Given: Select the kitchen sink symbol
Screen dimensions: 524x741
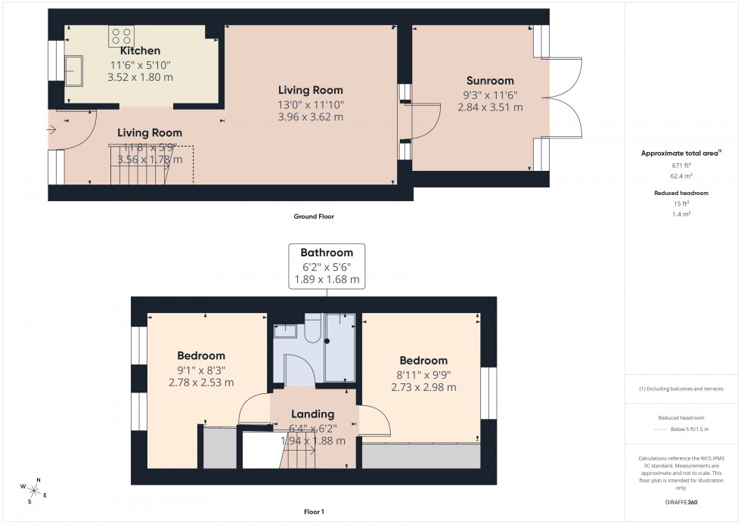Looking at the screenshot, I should (74, 72).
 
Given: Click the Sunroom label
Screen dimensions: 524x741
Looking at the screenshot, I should (489, 81).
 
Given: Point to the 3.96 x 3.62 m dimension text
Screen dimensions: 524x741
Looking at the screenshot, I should (310, 117).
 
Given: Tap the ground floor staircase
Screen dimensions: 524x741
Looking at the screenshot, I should (151, 166).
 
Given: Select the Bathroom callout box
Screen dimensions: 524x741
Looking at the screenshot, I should (326, 265).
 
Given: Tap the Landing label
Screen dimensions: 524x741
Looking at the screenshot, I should (312, 414).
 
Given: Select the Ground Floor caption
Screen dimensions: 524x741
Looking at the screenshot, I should (313, 216).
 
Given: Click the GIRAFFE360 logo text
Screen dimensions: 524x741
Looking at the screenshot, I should (682, 501).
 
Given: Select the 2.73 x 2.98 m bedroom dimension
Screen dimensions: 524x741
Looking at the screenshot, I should (423, 387).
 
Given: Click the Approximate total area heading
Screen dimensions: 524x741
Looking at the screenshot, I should (681, 153).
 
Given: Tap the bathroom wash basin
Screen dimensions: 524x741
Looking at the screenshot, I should (286, 330).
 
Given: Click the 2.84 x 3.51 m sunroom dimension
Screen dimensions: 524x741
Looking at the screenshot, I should (489, 107).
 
